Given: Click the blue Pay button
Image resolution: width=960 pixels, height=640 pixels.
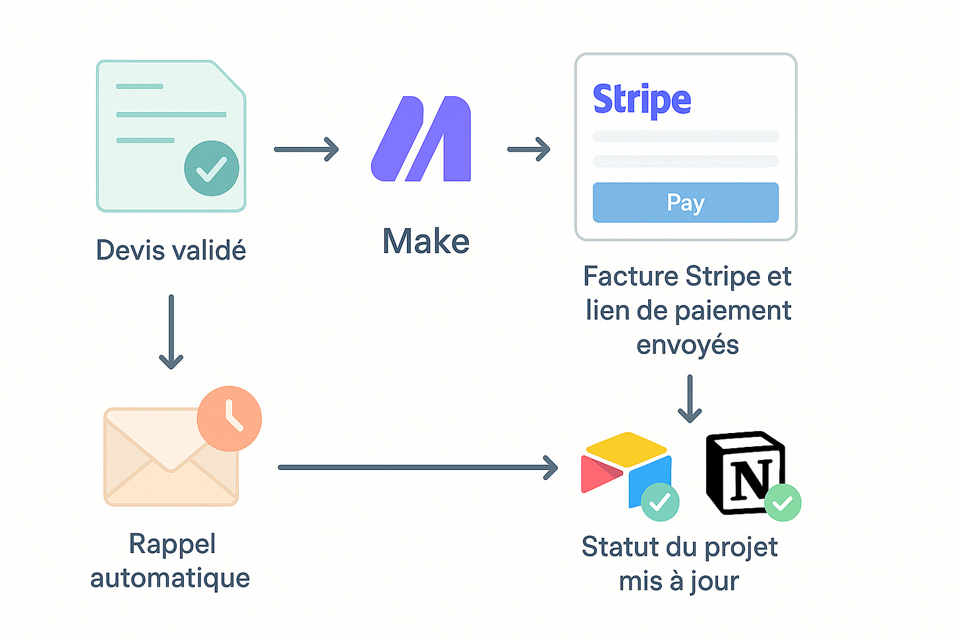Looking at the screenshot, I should click(x=686, y=202).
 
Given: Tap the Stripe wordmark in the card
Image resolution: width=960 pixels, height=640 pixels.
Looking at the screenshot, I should click(x=642, y=100).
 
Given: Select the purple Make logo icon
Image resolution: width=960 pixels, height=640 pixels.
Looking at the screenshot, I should click(x=421, y=139).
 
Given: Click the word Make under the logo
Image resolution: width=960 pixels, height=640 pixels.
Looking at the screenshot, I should click(x=426, y=241).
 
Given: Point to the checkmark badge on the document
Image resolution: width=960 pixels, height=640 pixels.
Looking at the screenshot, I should click(x=212, y=168).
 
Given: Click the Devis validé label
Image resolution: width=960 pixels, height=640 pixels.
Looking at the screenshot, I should click(x=171, y=250).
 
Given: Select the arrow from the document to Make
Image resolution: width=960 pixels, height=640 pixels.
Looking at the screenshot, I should click(x=306, y=149).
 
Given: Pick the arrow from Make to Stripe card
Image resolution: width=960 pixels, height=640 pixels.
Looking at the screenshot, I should click(x=529, y=149).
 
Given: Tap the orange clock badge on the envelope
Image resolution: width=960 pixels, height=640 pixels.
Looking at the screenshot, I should click(x=229, y=419).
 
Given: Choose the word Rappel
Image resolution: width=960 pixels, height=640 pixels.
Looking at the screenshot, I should click(x=172, y=544).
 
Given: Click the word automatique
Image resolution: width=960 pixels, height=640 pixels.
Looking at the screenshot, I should click(x=170, y=578).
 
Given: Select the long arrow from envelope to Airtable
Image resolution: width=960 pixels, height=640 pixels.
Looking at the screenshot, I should click(x=418, y=467).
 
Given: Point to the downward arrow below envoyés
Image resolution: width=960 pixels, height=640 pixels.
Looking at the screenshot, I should click(x=690, y=398).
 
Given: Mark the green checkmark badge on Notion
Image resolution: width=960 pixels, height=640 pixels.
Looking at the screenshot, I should click(x=783, y=503).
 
